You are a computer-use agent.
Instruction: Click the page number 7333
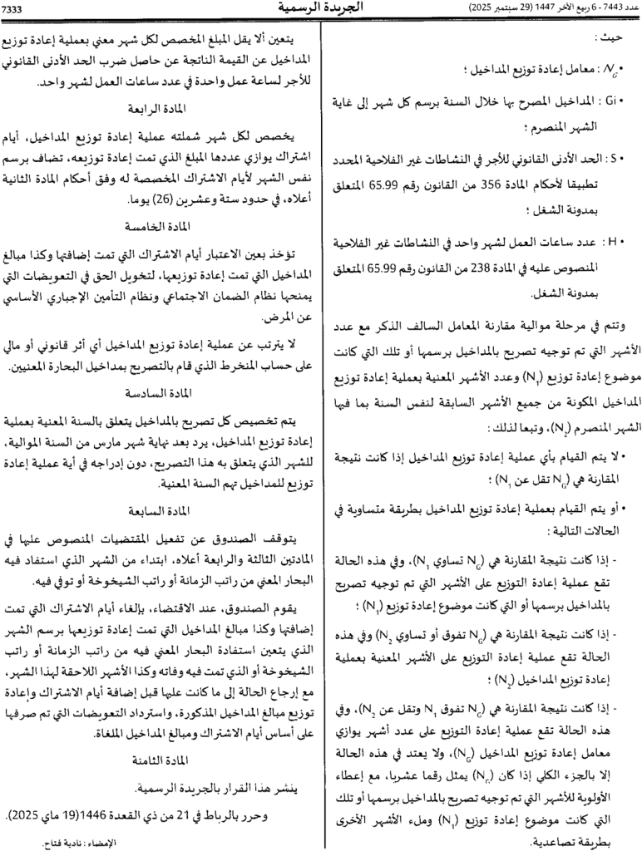(x=16, y=7)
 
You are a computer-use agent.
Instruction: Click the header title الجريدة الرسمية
(x=320, y=8)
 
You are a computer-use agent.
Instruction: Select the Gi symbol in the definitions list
(x=611, y=101)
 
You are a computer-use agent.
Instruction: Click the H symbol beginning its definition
(x=614, y=241)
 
